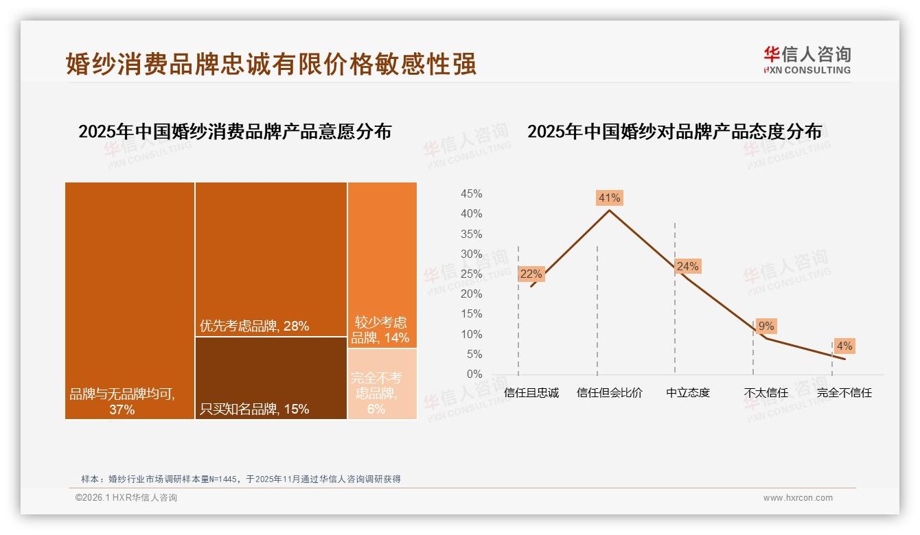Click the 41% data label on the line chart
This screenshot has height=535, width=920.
tap(609, 198)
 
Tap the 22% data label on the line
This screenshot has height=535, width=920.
tap(531, 274)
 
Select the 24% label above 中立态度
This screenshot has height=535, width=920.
tap(687, 266)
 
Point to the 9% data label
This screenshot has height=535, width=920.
tap(766, 326)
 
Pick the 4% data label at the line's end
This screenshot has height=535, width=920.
tap(844, 346)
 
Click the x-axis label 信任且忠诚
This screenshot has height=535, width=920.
tap(531, 393)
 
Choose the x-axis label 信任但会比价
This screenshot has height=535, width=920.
tap(609, 393)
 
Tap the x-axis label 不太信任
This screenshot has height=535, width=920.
tap(766, 393)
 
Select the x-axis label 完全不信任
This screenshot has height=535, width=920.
tap(844, 393)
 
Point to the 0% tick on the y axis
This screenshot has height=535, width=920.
tap(474, 374)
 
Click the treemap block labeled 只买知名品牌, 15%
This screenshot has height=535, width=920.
tap(271, 378)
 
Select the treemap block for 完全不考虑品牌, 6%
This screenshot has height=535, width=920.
tap(382, 384)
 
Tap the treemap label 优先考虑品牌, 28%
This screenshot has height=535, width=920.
tap(254, 326)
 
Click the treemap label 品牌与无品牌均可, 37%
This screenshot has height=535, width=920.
tap(122, 402)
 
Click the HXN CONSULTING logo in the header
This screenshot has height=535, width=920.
tap(807, 60)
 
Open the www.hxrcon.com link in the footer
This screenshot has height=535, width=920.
tap(798, 498)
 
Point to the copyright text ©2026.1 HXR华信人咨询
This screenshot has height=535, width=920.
tap(126, 498)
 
